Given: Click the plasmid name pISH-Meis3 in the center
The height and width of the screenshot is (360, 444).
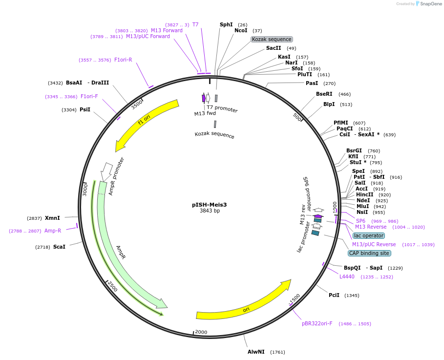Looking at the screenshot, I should (209, 205).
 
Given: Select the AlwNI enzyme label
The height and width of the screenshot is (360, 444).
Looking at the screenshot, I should (256, 352).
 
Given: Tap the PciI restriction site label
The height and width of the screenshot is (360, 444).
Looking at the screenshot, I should (334, 295).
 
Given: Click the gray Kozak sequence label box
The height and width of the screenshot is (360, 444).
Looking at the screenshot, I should (272, 39).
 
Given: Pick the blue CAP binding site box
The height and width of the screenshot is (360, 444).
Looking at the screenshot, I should (369, 253).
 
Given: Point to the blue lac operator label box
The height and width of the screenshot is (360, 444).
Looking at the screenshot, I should (369, 235).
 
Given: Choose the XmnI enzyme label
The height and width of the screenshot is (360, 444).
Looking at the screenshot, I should (52, 218).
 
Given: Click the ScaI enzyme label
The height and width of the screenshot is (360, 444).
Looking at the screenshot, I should (59, 247).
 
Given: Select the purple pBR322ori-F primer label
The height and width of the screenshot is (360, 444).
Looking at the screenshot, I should (317, 323).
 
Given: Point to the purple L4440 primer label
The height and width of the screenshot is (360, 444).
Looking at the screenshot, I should (347, 276).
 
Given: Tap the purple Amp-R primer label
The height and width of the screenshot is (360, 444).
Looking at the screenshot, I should (53, 231).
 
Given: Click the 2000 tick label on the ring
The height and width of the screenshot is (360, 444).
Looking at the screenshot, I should (201, 332).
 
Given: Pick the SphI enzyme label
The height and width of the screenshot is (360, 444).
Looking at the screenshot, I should (226, 24).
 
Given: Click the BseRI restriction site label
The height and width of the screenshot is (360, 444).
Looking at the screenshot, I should (324, 94).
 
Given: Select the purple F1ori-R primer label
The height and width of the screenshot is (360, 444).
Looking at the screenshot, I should (123, 60).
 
